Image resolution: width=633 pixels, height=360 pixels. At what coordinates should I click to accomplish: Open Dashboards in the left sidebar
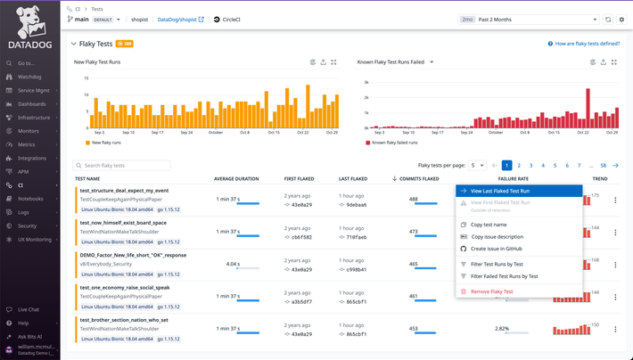pyautogui.click(x=31, y=104)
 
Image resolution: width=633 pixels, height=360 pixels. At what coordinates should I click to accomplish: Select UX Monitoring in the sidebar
pyautogui.click(x=35, y=239)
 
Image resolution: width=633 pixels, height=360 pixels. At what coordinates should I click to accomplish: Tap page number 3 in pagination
pyautogui.click(x=530, y=166)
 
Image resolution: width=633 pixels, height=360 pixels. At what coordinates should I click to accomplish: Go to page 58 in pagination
pyautogui.click(x=604, y=166)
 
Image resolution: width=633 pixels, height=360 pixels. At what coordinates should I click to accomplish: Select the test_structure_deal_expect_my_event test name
pyautogui.click(x=124, y=190)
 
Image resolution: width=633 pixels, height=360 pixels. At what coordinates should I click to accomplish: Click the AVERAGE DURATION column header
pyautogui.click(x=236, y=178)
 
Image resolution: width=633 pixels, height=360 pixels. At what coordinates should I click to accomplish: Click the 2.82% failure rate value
pyautogui.click(x=502, y=328)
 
